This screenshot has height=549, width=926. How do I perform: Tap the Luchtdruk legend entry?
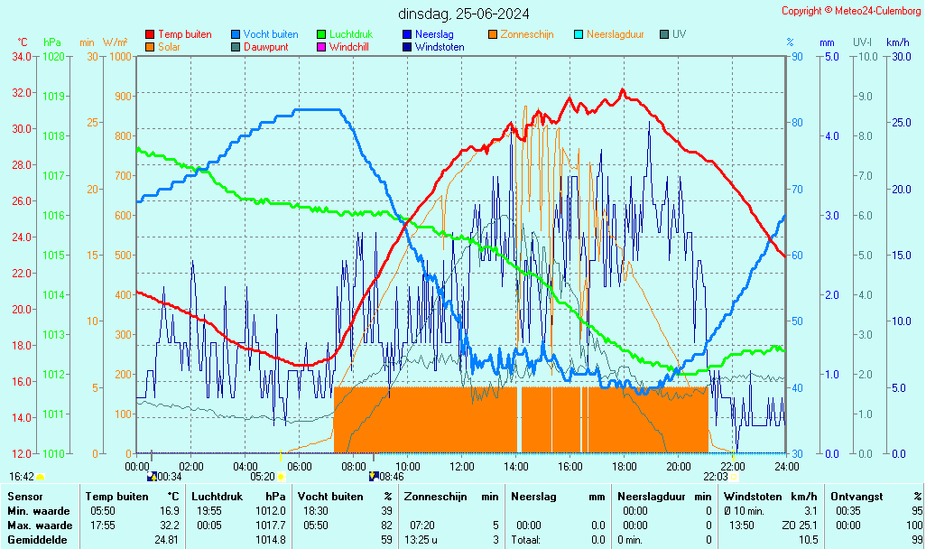click(349, 34)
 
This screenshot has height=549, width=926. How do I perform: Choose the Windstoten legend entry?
click(440, 46)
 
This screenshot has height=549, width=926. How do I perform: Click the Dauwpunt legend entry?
click(264, 46)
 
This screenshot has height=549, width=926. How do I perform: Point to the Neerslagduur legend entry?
click(615, 34)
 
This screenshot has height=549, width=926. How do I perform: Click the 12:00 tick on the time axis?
click(462, 466)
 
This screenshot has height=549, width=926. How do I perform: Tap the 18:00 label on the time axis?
click(625, 466)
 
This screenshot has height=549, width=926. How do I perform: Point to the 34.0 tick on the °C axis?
click(22, 56)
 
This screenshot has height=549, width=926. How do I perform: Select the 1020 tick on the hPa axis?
click(53, 56)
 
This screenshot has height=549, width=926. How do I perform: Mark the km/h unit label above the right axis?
click(897, 42)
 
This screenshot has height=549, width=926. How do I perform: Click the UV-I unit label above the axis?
click(862, 42)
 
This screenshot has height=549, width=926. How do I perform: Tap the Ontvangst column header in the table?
click(857, 497)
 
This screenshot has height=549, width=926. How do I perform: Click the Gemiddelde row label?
click(37, 540)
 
